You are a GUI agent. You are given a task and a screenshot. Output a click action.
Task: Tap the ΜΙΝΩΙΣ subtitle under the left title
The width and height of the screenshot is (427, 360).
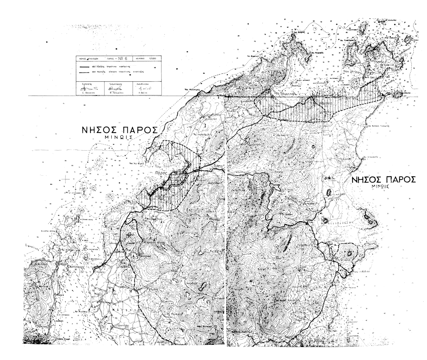click(x=118, y=137)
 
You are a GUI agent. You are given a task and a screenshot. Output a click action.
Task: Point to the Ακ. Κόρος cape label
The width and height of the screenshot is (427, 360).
click(x=300, y=32)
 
